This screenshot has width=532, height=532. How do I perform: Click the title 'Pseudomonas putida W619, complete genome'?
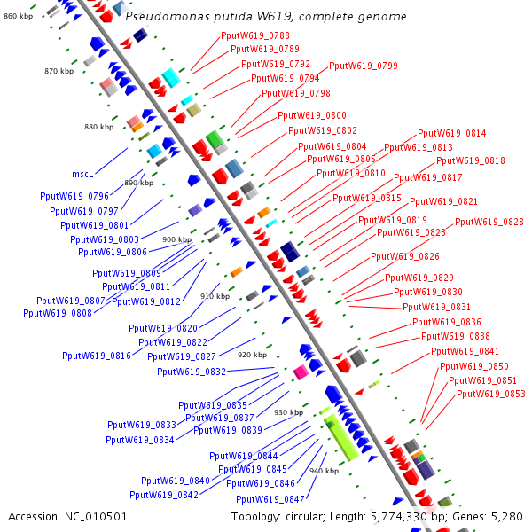point(266,17)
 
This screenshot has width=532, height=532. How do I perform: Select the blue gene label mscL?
point(82,174)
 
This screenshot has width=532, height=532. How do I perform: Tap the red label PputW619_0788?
point(254,35)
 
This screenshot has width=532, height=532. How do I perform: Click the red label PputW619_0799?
point(364,66)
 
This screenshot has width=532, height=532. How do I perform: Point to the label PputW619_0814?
point(452,133)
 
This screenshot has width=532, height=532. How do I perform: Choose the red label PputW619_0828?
point(489,222)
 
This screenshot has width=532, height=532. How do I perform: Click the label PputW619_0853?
point(491,394)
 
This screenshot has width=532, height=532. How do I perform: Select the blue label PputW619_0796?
point(74,196)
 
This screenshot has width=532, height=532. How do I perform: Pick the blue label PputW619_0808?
point(58,313)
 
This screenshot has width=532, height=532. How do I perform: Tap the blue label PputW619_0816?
point(98,356)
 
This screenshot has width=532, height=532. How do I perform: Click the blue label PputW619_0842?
point(164,495)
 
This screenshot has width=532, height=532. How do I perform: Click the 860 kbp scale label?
point(18,16)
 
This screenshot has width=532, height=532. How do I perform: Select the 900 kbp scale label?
point(176,239)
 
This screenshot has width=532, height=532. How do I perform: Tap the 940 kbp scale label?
point(323,471)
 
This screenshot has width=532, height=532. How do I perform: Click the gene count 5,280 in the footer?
point(505,516)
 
